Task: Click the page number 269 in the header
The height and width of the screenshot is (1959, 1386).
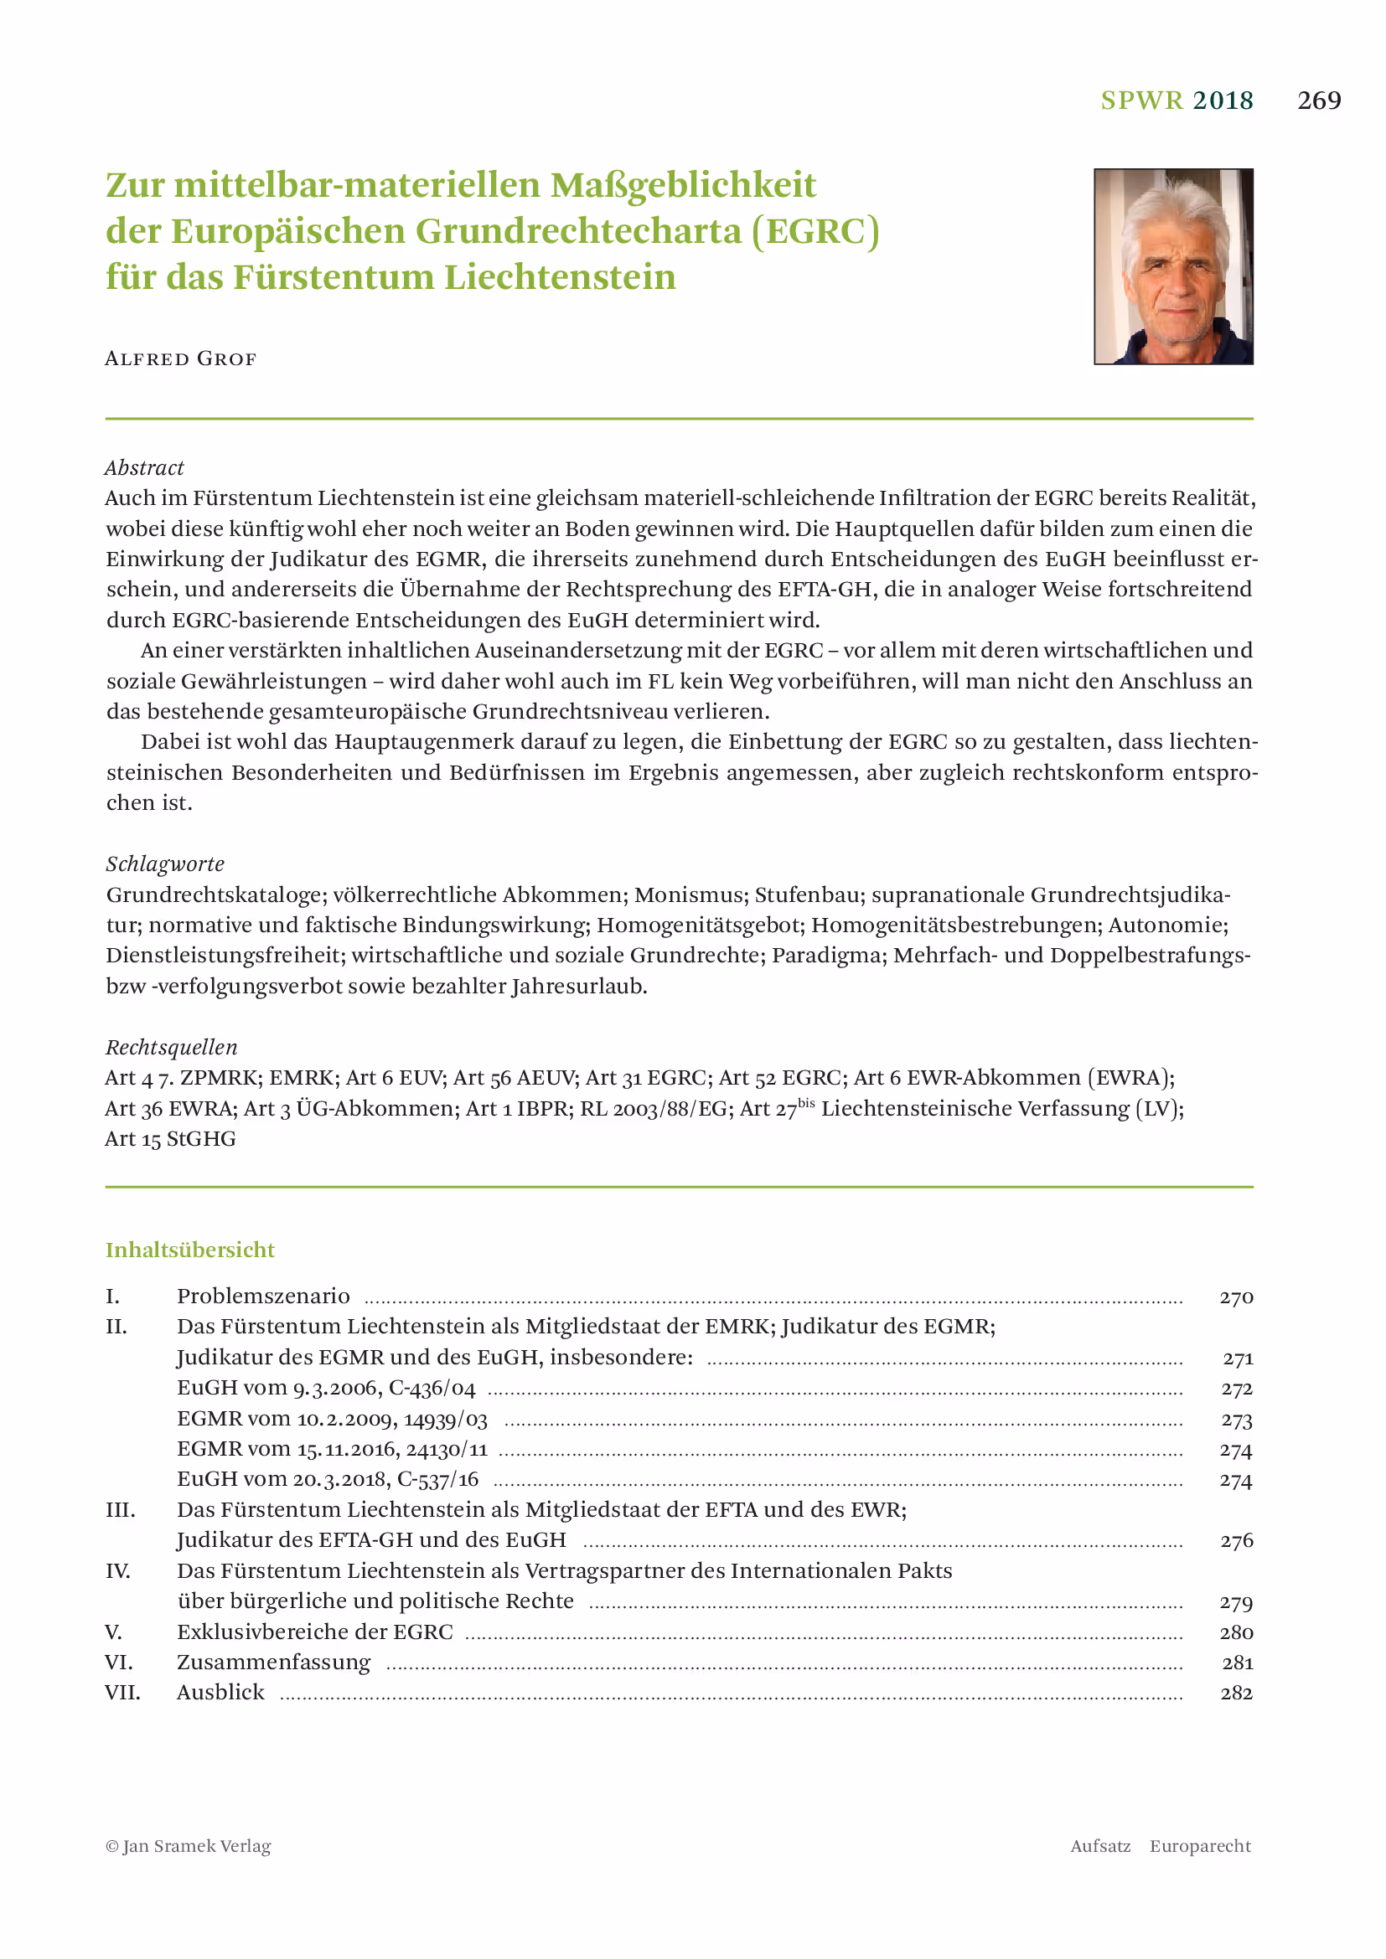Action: tap(1319, 101)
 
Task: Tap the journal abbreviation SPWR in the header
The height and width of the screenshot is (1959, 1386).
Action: tap(1141, 101)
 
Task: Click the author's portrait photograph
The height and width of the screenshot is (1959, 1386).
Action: tap(1172, 266)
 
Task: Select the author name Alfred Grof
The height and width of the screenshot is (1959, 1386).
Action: tap(180, 358)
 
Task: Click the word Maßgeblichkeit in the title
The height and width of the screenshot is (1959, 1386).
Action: tap(682, 185)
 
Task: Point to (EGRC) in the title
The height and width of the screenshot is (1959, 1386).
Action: tap(815, 231)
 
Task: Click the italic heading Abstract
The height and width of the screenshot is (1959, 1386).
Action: tap(144, 467)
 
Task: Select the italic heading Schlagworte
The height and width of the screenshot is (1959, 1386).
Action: tap(165, 864)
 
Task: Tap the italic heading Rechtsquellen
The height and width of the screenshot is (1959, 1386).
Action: tap(171, 1047)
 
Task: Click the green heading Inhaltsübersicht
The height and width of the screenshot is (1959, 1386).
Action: tap(189, 1250)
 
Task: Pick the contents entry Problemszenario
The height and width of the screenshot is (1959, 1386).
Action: tap(263, 1296)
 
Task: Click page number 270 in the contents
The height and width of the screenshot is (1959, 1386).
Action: tap(1235, 1297)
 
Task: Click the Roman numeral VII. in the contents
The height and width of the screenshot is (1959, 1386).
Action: tap(122, 1692)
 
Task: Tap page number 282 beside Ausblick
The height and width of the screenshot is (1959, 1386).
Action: tap(1236, 1693)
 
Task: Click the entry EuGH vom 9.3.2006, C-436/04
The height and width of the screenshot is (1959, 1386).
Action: tap(326, 1388)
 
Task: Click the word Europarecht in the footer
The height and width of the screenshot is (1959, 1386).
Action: tap(1199, 1847)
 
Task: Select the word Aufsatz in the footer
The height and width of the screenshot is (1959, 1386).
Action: tap(1100, 1847)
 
